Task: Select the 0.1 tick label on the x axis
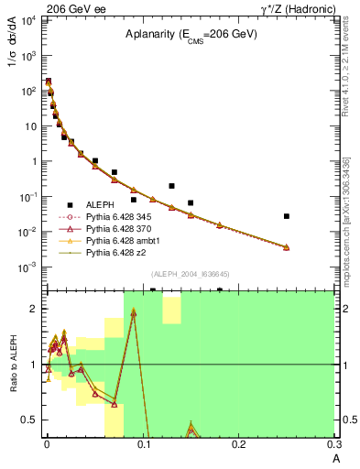(x=142, y=446)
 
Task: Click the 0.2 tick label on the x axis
(x=239, y=446)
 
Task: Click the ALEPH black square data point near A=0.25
(x=287, y=216)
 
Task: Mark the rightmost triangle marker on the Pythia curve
(x=287, y=247)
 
